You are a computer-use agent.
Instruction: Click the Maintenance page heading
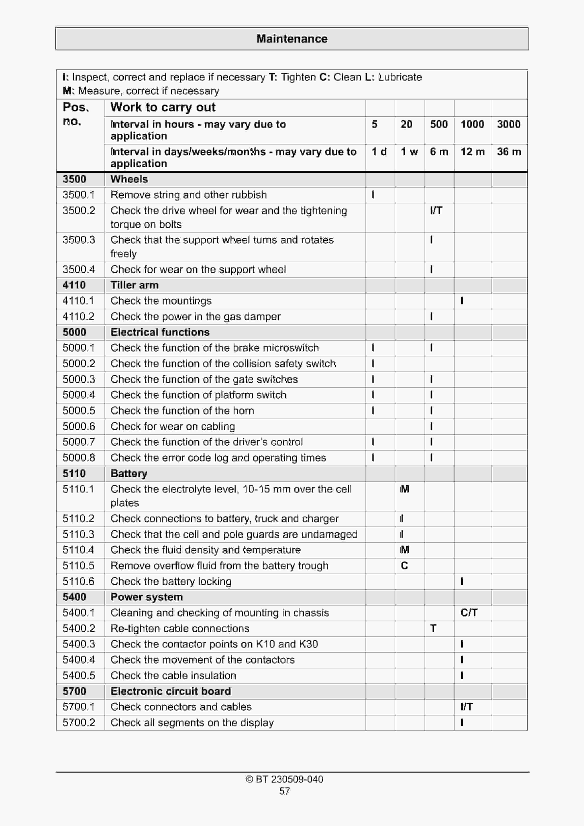pyautogui.click(x=292, y=39)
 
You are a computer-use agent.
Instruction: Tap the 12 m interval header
pyautogui.click(x=472, y=152)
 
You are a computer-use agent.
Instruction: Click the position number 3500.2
pyautogui.click(x=79, y=210)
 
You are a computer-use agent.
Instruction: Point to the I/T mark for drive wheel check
pyautogui.click(x=436, y=210)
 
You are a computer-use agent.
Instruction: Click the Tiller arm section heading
pyautogui.click(x=134, y=285)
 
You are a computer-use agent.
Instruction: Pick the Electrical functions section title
pyautogui.click(x=160, y=332)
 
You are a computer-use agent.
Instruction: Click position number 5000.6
pyautogui.click(x=79, y=426)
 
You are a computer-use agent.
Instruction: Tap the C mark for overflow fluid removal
pyautogui.click(x=404, y=566)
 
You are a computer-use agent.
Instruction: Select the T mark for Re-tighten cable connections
pyautogui.click(x=433, y=629)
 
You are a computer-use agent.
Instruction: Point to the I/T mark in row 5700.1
pyautogui.click(x=467, y=707)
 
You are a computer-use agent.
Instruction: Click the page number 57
pyautogui.click(x=284, y=791)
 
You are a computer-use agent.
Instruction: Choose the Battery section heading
pyautogui.click(x=129, y=473)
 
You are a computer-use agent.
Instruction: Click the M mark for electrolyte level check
pyautogui.click(x=404, y=489)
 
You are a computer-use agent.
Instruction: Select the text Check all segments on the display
pyautogui.click(x=192, y=723)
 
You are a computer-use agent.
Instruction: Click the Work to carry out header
pyautogui.click(x=163, y=107)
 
